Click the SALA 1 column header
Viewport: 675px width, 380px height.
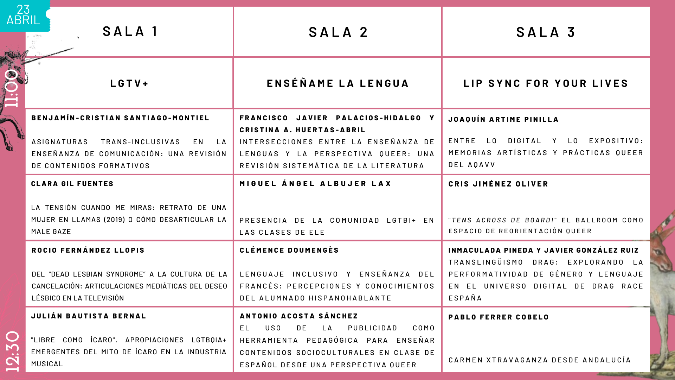pyautogui.click(x=130, y=31)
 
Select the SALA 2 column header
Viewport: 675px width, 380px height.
pyautogui.click(x=338, y=32)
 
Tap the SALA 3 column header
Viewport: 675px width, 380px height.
pyautogui.click(x=546, y=32)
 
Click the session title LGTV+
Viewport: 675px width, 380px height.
pyautogui.click(x=129, y=83)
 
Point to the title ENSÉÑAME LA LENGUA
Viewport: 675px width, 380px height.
pyautogui.click(x=338, y=83)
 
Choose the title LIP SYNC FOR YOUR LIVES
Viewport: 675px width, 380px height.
pyautogui.click(x=546, y=83)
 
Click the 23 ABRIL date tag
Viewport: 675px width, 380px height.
pyautogui.click(x=23, y=15)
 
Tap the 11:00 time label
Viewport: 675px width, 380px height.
pyautogui.click(x=12, y=88)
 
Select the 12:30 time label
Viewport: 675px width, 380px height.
pyautogui.click(x=13, y=351)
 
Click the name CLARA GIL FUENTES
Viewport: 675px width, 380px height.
pyautogui.click(x=72, y=184)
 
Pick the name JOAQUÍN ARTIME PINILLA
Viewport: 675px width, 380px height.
pyautogui.click(x=503, y=119)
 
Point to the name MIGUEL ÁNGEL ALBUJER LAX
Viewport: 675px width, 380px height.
pyautogui.click(x=315, y=184)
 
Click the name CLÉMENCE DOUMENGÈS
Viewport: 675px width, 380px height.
pyautogui.click(x=289, y=250)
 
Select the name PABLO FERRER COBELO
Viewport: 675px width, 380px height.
pyautogui.click(x=499, y=317)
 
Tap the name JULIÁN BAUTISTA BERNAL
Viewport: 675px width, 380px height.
pyautogui.click(x=89, y=316)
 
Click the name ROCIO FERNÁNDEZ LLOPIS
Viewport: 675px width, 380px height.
pyautogui.click(x=88, y=250)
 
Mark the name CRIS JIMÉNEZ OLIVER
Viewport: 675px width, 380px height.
pyautogui.click(x=498, y=184)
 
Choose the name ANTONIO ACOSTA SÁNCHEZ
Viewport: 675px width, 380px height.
pyautogui.click(x=299, y=316)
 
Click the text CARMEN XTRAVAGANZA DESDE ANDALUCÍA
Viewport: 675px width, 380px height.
pyautogui.click(x=540, y=360)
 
